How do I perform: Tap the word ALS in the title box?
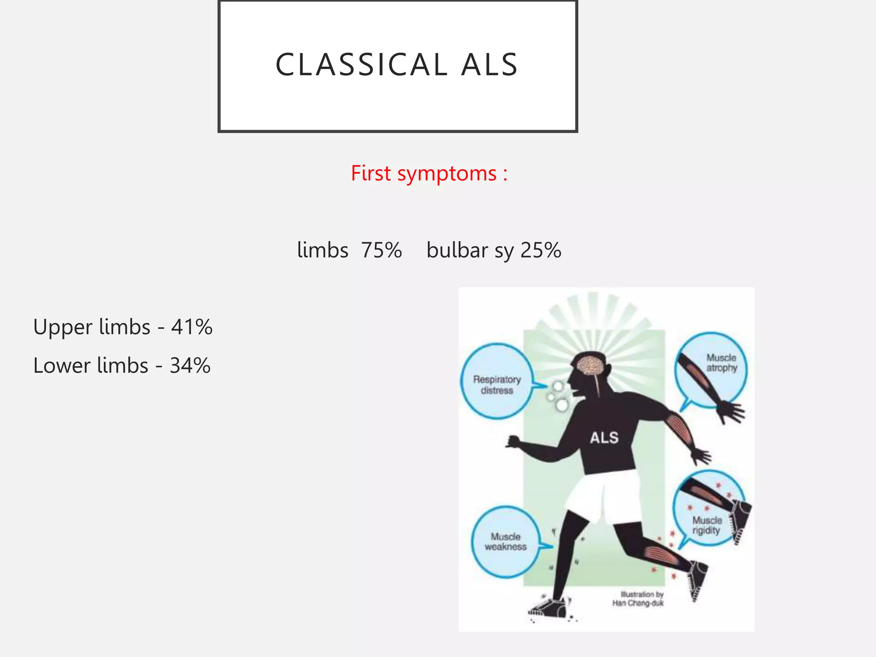pyautogui.click(x=489, y=65)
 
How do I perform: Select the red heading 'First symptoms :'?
pyautogui.click(x=429, y=174)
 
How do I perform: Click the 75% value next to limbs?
pyautogui.click(x=381, y=250)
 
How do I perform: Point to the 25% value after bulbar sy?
pyautogui.click(x=541, y=250)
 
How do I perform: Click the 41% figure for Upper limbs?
pyautogui.click(x=192, y=327)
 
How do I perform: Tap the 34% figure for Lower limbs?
pyautogui.click(x=190, y=366)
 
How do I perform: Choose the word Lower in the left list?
pyautogui.click(x=62, y=366)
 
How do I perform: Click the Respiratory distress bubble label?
pyautogui.click(x=497, y=385)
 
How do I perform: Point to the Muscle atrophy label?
pyautogui.click(x=722, y=363)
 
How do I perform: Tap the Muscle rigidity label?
pyautogui.click(x=707, y=525)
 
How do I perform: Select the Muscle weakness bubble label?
pyautogui.click(x=506, y=542)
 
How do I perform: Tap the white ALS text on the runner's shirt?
pyautogui.click(x=604, y=438)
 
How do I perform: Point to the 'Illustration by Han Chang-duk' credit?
pyautogui.click(x=638, y=599)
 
